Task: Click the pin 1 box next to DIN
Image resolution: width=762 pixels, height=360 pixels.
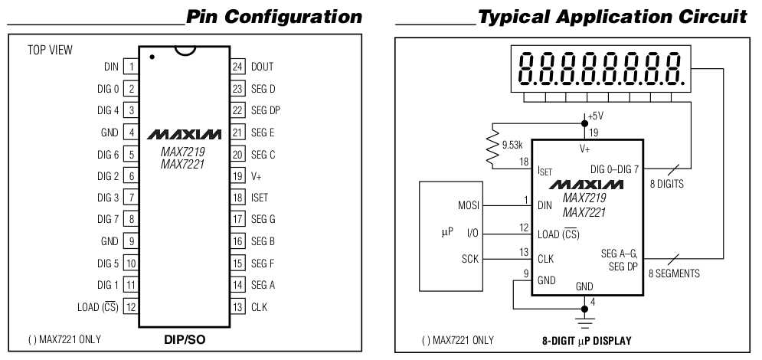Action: (x=132, y=67)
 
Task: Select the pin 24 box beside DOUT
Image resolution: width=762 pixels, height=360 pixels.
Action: (x=237, y=67)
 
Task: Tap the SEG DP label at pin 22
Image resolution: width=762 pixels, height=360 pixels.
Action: (x=266, y=110)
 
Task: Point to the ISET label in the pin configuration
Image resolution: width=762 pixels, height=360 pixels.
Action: (x=260, y=198)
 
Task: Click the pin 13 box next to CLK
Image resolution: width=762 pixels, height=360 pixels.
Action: (x=237, y=307)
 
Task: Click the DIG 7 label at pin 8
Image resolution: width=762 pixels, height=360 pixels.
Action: (x=108, y=219)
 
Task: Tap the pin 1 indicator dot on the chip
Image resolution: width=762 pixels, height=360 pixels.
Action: (x=153, y=57)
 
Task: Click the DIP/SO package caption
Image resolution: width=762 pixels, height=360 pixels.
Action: (x=184, y=339)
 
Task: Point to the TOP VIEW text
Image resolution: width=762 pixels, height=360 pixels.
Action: (x=51, y=51)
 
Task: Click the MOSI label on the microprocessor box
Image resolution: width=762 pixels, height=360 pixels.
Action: (x=468, y=205)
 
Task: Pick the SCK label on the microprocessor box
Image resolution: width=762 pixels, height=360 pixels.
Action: (x=469, y=259)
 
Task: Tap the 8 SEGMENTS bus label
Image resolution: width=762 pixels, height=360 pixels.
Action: (x=674, y=273)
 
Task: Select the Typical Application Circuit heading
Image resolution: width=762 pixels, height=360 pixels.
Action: (x=613, y=16)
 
